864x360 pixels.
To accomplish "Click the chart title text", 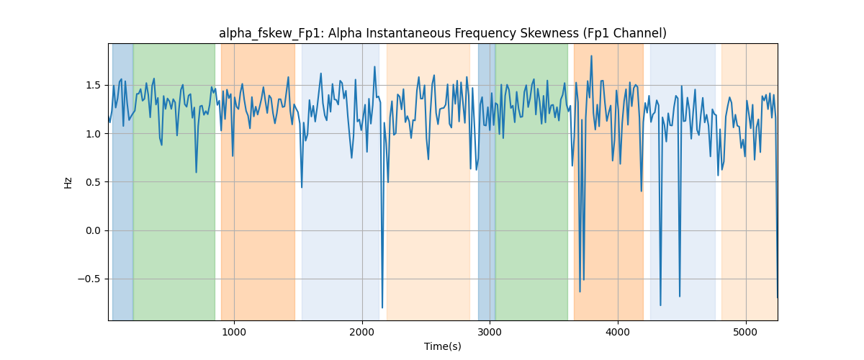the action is click(442, 34).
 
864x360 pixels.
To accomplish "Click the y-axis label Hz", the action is click(68, 183).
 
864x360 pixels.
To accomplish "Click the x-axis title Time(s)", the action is click(442, 346).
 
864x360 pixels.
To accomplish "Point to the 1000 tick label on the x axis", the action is click(234, 332).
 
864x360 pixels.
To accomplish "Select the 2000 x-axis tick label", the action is click(361, 332).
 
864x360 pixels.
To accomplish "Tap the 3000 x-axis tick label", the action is click(490, 332).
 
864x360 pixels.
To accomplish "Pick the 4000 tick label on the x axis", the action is click(618, 332).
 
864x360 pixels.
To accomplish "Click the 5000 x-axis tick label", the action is click(746, 332).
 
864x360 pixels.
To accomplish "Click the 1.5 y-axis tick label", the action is click(94, 85).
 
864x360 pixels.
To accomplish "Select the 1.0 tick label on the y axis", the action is click(94, 134).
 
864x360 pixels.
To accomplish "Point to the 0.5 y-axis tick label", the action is click(94, 182).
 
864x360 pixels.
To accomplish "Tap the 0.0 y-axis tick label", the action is click(94, 230).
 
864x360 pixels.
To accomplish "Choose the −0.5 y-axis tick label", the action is click(89, 279).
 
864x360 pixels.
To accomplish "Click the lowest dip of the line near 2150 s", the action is click(382, 307).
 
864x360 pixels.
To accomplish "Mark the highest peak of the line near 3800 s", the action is click(591, 56).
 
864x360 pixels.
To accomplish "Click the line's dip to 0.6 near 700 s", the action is click(197, 172).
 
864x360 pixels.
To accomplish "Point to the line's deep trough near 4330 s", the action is click(660, 305).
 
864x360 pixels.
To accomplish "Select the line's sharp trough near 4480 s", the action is click(680, 297).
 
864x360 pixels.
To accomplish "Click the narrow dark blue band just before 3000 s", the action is click(487, 181).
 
